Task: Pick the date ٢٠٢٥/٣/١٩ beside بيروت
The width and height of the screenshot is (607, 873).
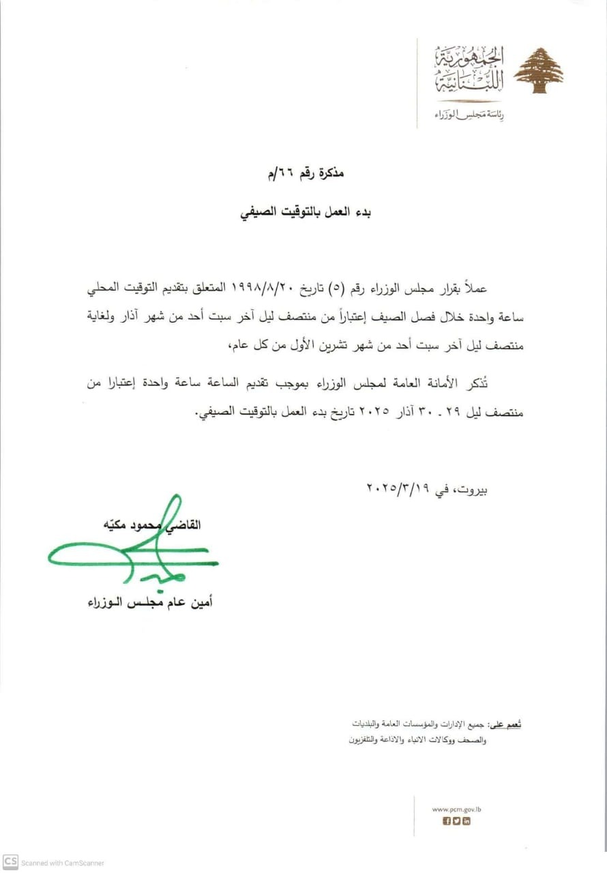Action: [x=396, y=488]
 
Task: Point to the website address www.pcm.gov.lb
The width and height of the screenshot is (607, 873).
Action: [x=457, y=809]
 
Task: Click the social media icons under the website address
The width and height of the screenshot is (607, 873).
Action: [x=457, y=821]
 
